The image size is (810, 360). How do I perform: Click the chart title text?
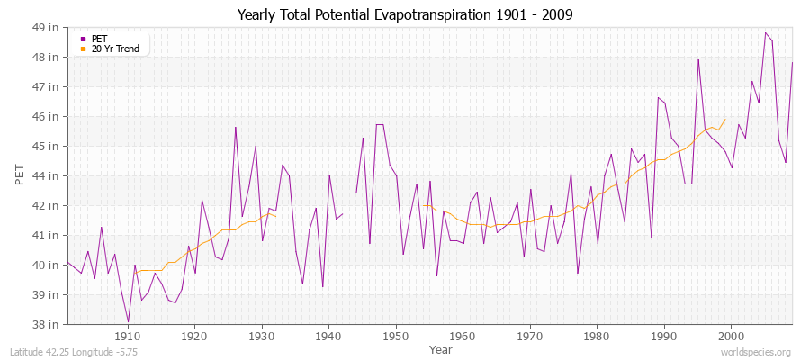[405, 14]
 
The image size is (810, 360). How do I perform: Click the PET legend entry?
[99, 39]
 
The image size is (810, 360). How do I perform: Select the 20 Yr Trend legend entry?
[115, 49]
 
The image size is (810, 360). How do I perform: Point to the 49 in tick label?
[47, 27]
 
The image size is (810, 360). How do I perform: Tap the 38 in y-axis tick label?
[47, 324]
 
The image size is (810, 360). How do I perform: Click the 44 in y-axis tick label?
[47, 175]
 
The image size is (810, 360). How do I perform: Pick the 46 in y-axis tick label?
[47, 116]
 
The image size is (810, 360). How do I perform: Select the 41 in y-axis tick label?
[47, 235]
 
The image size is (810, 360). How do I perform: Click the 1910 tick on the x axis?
[128, 336]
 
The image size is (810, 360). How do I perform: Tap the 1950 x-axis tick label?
[396, 336]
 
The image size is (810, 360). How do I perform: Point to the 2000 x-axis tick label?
[731, 336]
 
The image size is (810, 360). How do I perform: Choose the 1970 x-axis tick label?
[530, 336]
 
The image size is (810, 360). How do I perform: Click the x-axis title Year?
[441, 348]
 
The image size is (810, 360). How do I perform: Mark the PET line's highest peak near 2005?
[765, 33]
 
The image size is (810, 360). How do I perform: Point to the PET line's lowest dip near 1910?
[128, 321]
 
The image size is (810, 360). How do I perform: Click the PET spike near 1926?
[236, 127]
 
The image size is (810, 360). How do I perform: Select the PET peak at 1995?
[698, 59]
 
